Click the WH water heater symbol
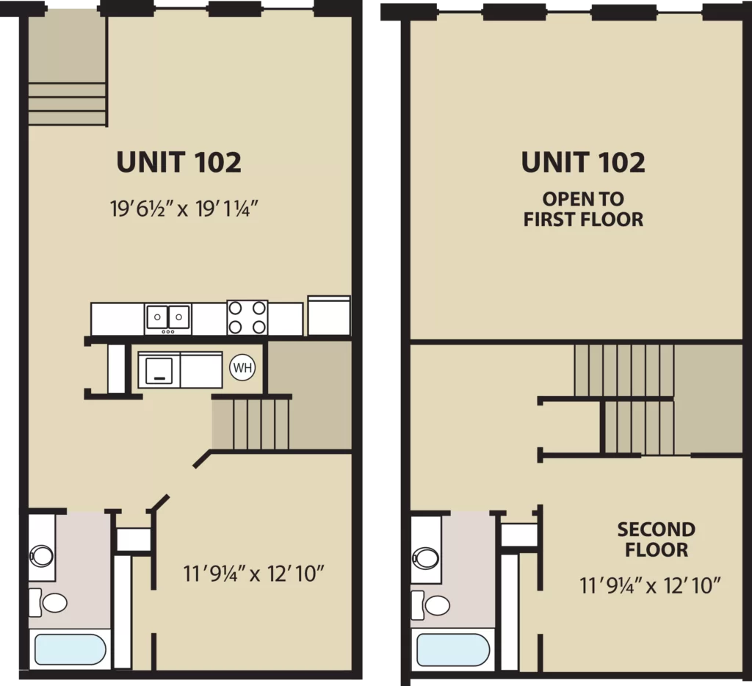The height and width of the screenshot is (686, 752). pos(242,368)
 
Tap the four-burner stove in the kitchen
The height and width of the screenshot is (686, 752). pos(247,317)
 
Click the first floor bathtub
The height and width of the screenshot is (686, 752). pos(70,649)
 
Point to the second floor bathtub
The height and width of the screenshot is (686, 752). pos(452,649)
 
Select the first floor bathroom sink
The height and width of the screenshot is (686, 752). pos(42,556)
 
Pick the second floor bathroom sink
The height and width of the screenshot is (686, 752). pos(425,558)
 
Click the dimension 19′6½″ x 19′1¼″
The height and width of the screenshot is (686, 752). pos(184,209)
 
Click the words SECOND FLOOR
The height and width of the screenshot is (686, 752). pos(656,540)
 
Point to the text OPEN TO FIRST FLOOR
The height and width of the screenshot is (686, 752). pos(583,209)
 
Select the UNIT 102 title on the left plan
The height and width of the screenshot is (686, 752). pos(179,162)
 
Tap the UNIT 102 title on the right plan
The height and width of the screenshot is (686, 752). pos(583,162)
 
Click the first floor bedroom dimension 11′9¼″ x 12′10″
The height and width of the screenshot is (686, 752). pos(253,574)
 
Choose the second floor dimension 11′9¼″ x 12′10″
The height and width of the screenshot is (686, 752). pos(650,585)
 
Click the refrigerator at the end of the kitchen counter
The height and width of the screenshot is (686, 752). pos(329,315)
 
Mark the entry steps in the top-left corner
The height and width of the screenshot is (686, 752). pos(67,104)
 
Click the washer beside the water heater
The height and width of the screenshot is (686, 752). pos(159,370)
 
